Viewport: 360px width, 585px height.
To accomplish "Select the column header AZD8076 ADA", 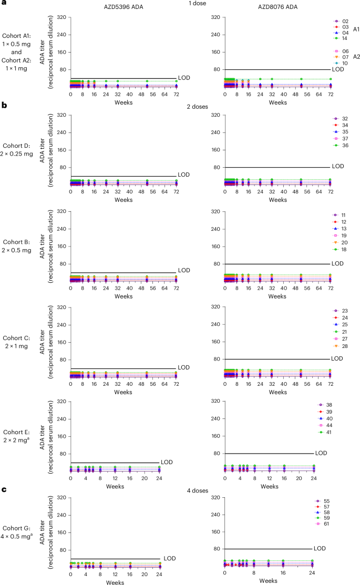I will coord(277,5).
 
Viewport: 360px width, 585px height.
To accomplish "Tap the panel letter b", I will coord(4,106).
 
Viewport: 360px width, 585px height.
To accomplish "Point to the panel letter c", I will coord(4,490).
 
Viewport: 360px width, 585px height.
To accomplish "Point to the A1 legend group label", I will coord(356,29).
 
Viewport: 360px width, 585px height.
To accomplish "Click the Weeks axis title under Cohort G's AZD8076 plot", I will coord(269,581).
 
